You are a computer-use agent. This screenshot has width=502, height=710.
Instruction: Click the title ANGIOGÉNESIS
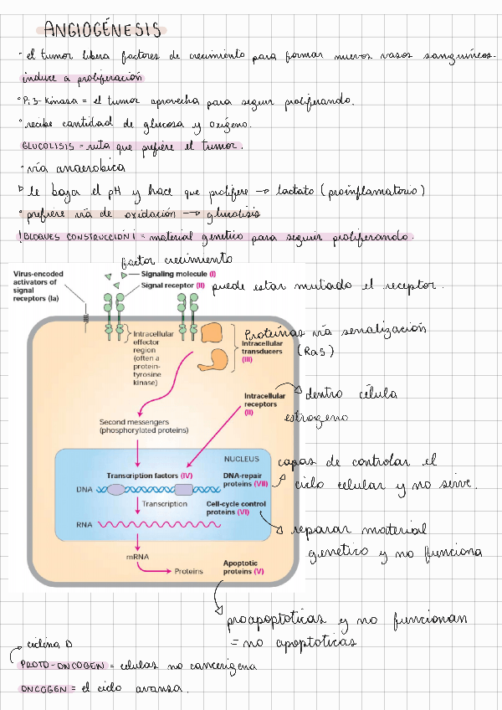coord(103,31)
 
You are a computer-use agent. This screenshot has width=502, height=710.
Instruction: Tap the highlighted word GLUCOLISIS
coord(47,146)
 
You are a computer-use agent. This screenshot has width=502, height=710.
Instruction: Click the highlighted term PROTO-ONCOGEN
coord(61,665)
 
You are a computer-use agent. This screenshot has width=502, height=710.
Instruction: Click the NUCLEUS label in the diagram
coord(242,459)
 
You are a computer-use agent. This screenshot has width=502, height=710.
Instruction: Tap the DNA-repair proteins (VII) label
coord(244,480)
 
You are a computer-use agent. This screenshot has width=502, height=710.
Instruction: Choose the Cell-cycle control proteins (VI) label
coord(236,507)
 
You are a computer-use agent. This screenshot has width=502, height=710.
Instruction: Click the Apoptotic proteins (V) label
coord(243,568)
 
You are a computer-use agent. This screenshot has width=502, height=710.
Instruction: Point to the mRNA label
coord(137,556)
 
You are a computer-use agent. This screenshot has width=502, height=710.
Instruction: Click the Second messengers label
coord(143,425)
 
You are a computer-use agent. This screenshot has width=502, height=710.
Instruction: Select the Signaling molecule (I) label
coord(178,274)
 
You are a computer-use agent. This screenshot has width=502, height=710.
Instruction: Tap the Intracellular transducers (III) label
coord(264,350)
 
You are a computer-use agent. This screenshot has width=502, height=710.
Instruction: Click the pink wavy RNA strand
coord(155,525)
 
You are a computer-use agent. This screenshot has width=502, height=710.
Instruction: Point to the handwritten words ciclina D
coord(52,646)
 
